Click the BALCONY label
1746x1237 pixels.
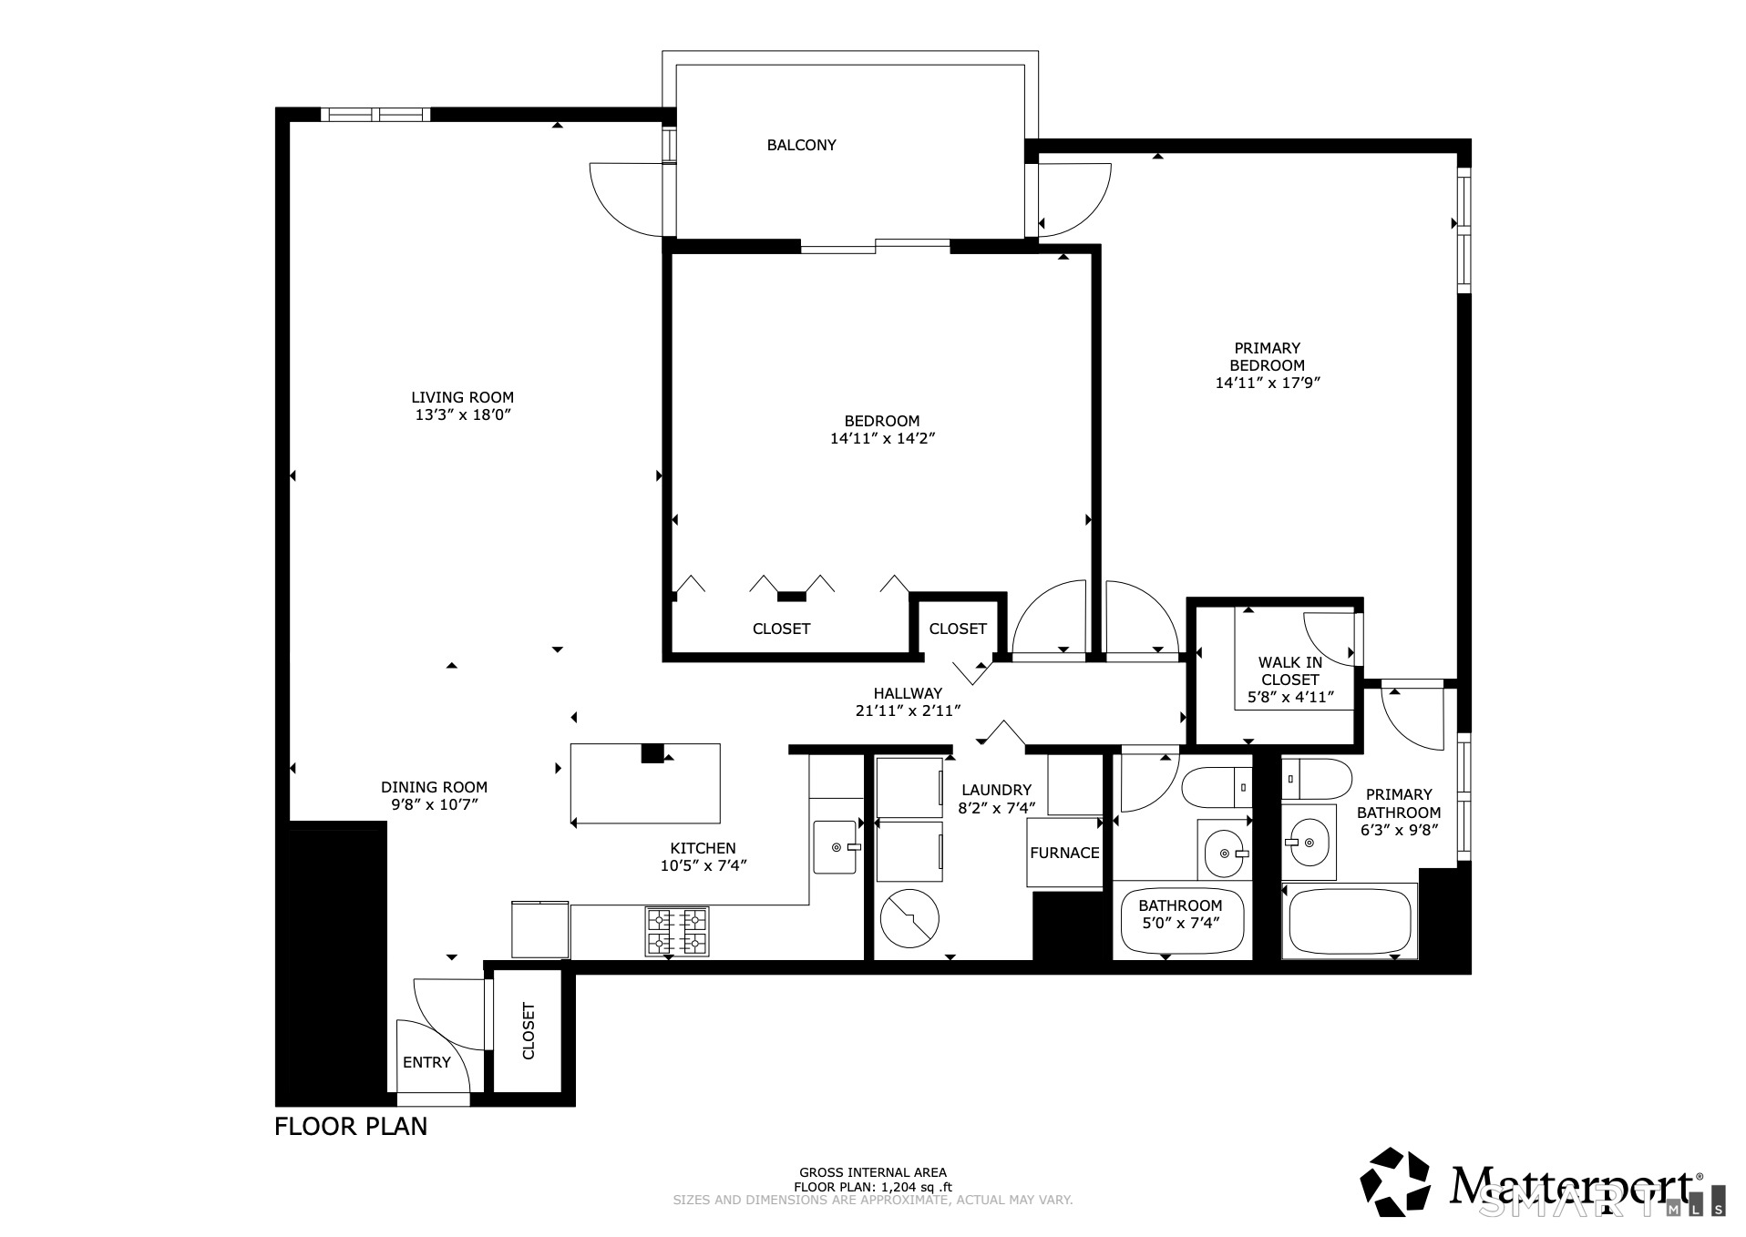pos(801,145)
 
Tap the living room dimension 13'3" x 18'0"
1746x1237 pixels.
pos(462,414)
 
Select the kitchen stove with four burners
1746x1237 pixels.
pos(677,931)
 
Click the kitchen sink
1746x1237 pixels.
pos(836,847)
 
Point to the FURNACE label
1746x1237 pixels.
pos(1064,854)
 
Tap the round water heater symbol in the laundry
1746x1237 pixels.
pos(909,918)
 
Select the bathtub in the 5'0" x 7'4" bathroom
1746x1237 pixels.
pos(1180,922)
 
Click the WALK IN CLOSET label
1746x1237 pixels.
pos(1289,671)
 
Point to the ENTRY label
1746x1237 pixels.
pos(426,1062)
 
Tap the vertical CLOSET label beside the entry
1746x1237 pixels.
pos(529,1031)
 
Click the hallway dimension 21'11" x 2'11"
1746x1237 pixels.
pos(908,711)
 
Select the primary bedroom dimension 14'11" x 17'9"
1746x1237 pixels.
pos(1267,383)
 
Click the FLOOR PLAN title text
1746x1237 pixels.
pos(351,1126)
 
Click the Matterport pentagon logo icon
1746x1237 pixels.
pos(1394,1182)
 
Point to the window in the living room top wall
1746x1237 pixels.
pos(375,115)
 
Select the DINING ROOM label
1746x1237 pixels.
pos(434,787)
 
